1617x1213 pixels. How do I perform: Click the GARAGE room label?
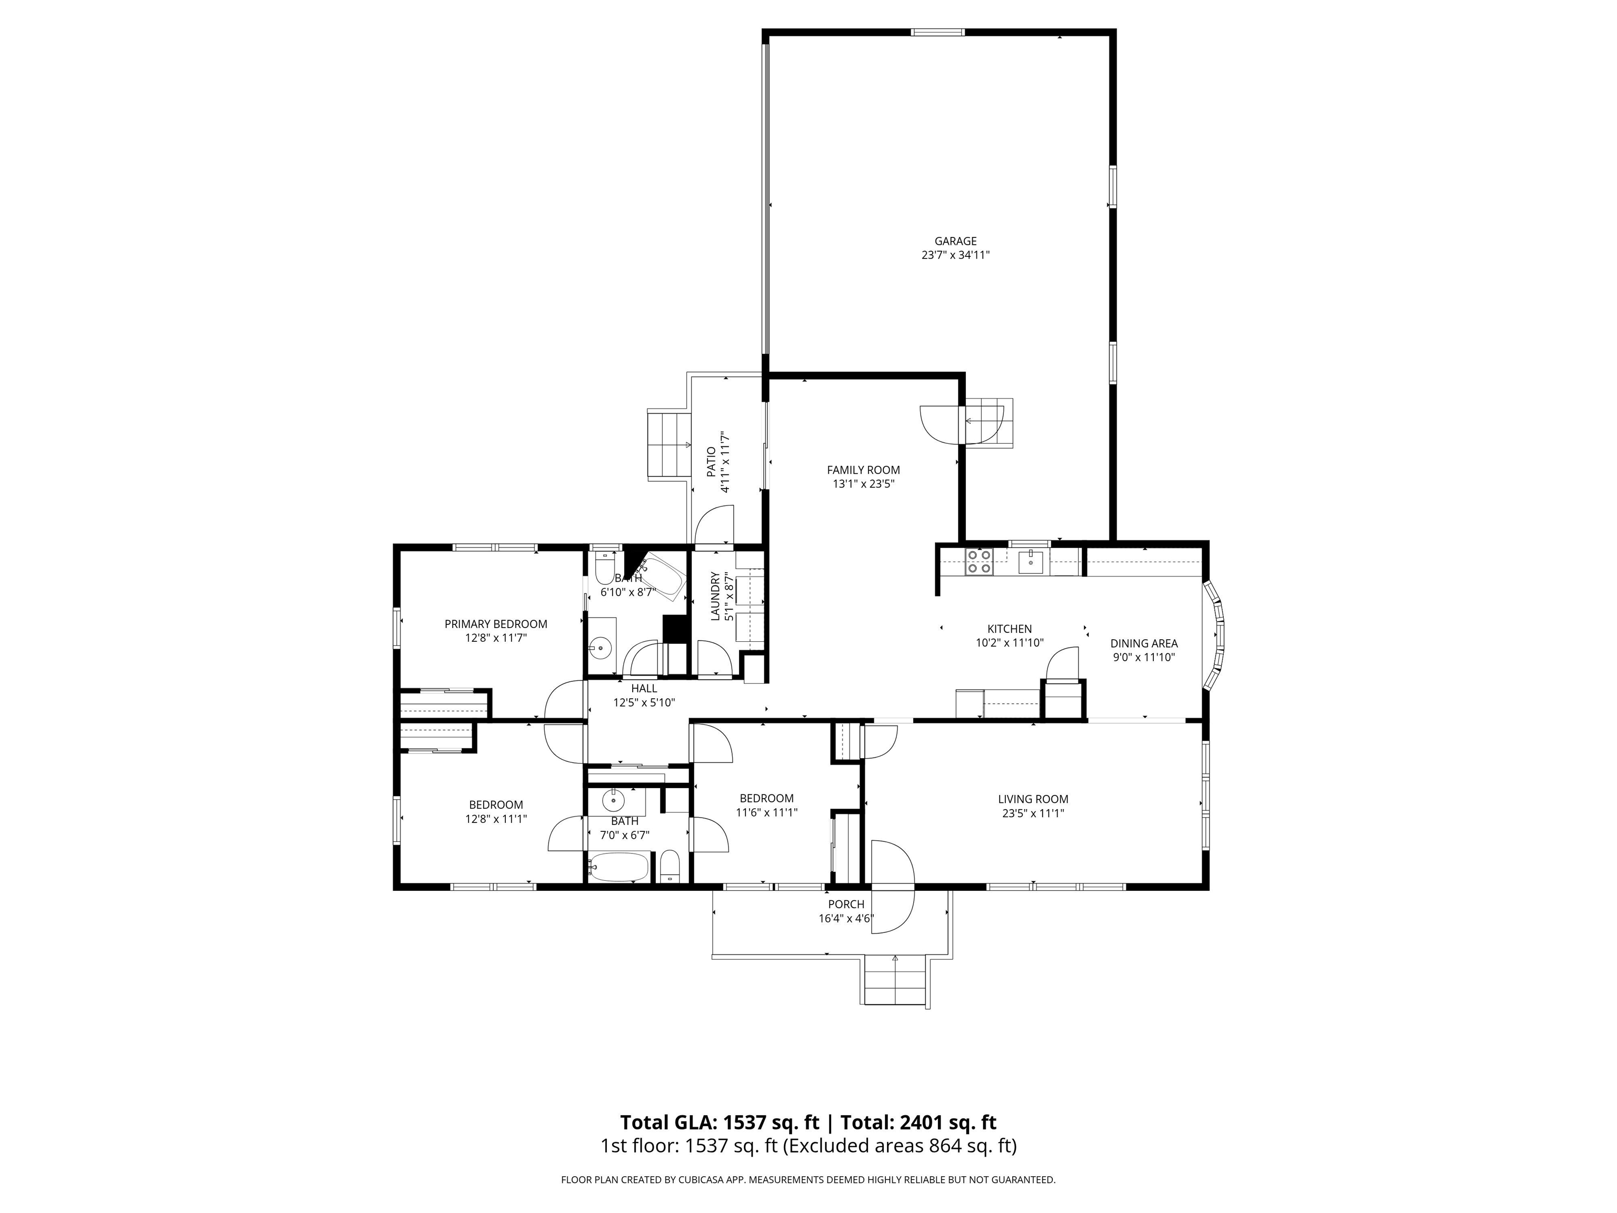point(955,241)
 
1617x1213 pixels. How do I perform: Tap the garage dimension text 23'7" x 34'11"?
point(955,256)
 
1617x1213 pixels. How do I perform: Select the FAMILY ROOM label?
point(863,470)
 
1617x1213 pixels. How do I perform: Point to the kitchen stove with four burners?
point(979,562)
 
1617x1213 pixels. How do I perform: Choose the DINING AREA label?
point(1144,643)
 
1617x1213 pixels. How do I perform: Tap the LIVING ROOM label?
point(1033,799)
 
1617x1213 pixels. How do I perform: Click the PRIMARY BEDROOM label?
point(496,624)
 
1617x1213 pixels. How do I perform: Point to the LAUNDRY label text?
point(716,596)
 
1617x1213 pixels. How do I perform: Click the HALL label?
point(644,688)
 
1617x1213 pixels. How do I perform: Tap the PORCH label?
point(846,904)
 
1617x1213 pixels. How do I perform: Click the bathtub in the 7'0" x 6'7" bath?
point(618,868)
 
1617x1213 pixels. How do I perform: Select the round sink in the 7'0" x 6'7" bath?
point(614,801)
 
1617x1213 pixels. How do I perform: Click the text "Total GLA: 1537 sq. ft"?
point(720,1122)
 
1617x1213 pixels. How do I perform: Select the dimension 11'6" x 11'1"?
point(766,812)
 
